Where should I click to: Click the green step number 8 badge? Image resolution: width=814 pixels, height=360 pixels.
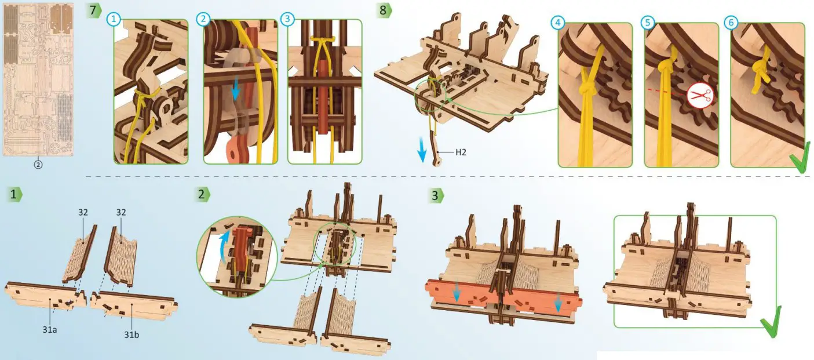click(384, 10)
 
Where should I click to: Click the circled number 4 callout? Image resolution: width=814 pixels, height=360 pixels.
click(557, 23)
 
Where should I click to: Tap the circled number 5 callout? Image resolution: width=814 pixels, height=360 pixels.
click(647, 23)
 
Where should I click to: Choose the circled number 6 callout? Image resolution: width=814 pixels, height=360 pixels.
click(731, 23)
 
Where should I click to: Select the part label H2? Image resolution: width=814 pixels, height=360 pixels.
click(461, 153)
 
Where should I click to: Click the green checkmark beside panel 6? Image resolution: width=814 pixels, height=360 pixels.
click(801, 158)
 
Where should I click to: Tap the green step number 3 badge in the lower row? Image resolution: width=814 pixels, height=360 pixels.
click(435, 195)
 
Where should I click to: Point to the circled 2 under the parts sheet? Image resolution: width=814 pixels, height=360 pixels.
click(38, 164)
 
